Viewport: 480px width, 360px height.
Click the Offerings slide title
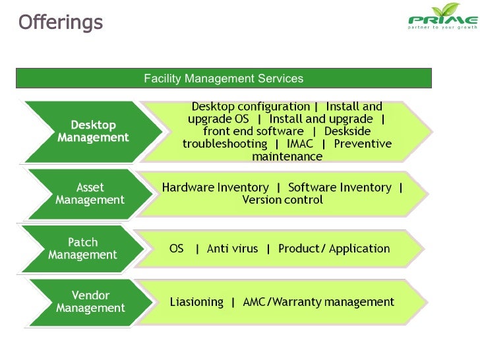pyautogui.click(x=61, y=22)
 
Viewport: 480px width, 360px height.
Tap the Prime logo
pyautogui.click(x=442, y=18)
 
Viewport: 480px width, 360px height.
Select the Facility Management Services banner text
pyautogui.click(x=224, y=78)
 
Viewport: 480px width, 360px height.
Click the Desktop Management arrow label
pyautogui.click(x=93, y=131)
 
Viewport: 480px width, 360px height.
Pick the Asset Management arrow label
pyautogui.click(x=90, y=194)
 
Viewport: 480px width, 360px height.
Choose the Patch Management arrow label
pyautogui.click(x=82, y=249)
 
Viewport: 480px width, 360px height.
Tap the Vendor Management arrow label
pyautogui.click(x=90, y=302)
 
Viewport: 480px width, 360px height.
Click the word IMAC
pyautogui.click(x=300, y=144)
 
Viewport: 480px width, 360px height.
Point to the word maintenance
pyautogui.click(x=287, y=157)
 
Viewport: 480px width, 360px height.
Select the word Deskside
pyautogui.click(x=347, y=131)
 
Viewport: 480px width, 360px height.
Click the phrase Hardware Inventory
pyautogui.click(x=216, y=187)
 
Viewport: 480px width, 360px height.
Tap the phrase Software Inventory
pyautogui.click(x=340, y=187)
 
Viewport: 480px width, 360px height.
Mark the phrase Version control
pyautogui.click(x=282, y=200)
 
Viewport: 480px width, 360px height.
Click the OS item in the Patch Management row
pyautogui.click(x=177, y=249)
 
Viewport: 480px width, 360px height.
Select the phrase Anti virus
pyautogui.click(x=232, y=249)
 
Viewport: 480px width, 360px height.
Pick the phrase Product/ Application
pyautogui.click(x=334, y=249)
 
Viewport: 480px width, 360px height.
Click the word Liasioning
pyautogui.click(x=196, y=302)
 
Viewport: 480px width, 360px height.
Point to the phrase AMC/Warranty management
pyautogui.click(x=318, y=302)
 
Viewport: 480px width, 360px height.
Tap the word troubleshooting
pyautogui.click(x=225, y=144)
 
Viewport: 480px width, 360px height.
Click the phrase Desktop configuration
pyautogui.click(x=251, y=106)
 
